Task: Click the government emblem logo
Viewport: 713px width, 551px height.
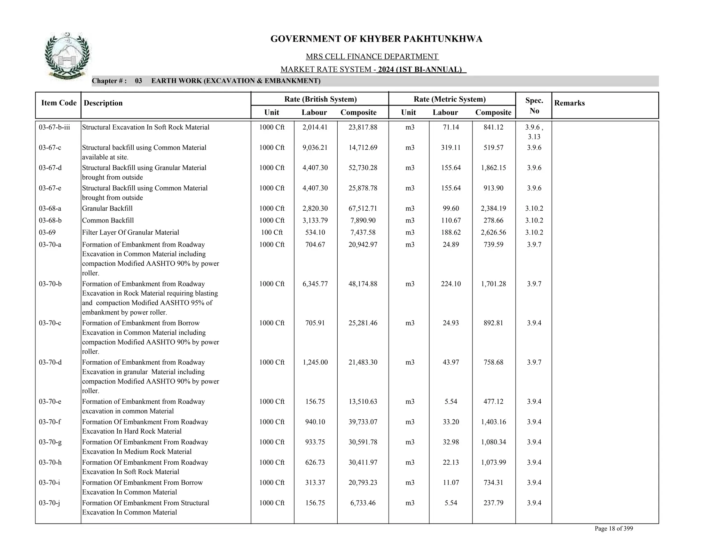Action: (67, 56)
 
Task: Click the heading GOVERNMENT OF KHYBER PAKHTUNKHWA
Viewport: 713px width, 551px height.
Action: (376, 39)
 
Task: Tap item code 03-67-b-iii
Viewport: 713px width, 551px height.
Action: (54, 127)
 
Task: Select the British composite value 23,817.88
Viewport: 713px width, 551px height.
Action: (363, 127)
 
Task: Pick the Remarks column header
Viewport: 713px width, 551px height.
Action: (569, 103)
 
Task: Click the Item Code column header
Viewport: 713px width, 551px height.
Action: (58, 103)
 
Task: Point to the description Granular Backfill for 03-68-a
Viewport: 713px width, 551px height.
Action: (107, 209)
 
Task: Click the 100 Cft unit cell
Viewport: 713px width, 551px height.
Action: (272, 233)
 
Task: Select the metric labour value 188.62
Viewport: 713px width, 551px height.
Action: (450, 233)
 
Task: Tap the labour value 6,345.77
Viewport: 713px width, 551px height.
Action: (315, 284)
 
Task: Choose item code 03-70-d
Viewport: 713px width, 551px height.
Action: (50, 363)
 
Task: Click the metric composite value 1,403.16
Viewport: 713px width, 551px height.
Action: (493, 422)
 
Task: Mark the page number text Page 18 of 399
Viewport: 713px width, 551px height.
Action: (613, 529)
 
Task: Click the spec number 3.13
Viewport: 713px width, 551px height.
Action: (534, 137)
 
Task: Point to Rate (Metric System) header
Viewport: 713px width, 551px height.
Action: (449, 99)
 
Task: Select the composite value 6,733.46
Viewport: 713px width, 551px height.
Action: (363, 503)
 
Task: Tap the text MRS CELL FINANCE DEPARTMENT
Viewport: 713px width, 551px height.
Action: (372, 56)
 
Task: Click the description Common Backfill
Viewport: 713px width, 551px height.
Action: (108, 221)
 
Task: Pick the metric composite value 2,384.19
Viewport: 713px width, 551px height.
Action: (493, 209)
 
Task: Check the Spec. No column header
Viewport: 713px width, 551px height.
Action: (534, 106)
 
